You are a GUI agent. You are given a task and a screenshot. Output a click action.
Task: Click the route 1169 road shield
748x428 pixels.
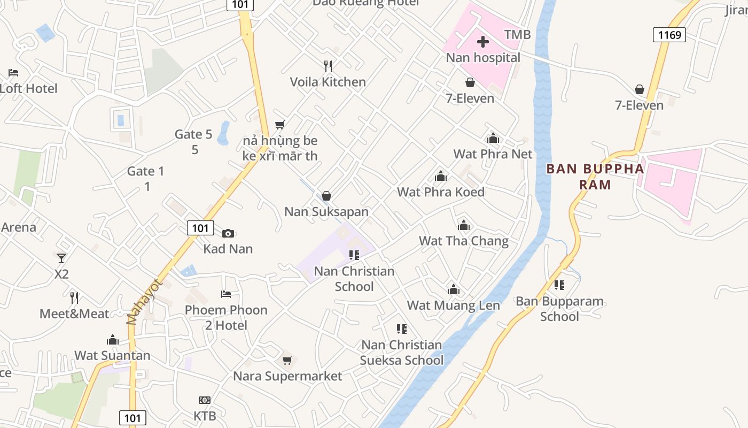pyautogui.click(x=669, y=35)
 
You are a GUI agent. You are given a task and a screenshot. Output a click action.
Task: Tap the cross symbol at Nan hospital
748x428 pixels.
pyautogui.click(x=483, y=42)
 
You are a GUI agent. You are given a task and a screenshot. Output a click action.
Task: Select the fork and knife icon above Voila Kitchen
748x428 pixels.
pyautogui.click(x=328, y=66)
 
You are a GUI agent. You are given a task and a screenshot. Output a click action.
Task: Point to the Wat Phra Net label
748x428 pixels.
pyautogui.click(x=493, y=154)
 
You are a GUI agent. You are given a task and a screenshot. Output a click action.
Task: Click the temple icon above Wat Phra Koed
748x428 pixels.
pyautogui.click(x=441, y=176)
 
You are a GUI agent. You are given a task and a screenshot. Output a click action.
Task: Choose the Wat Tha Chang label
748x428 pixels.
pyautogui.click(x=463, y=241)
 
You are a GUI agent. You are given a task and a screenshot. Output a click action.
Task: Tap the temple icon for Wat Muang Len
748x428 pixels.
pyautogui.click(x=454, y=290)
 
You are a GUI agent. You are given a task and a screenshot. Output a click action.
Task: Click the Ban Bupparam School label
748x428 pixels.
pyautogui.click(x=559, y=309)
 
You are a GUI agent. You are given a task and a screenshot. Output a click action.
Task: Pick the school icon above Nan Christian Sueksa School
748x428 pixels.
pyautogui.click(x=402, y=329)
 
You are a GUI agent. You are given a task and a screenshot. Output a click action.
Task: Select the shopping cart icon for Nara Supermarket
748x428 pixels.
pyautogui.click(x=287, y=360)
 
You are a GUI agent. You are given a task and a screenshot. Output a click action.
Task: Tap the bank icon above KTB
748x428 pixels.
pyautogui.click(x=205, y=400)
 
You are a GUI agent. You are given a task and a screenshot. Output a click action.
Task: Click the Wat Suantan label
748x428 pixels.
pyautogui.click(x=112, y=355)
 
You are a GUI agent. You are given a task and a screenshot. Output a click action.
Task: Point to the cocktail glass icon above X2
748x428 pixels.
pyautogui.click(x=61, y=258)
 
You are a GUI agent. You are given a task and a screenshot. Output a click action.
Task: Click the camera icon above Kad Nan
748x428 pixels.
pyautogui.click(x=228, y=233)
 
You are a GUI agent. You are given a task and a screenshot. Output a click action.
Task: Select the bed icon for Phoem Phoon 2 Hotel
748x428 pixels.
pyautogui.click(x=226, y=294)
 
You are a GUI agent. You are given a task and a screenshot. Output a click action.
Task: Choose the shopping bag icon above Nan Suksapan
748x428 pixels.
pyautogui.click(x=326, y=196)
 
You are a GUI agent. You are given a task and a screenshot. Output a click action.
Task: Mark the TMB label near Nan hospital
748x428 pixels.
pyautogui.click(x=517, y=35)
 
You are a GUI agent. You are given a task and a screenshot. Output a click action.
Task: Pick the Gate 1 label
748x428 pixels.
pyautogui.click(x=146, y=178)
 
